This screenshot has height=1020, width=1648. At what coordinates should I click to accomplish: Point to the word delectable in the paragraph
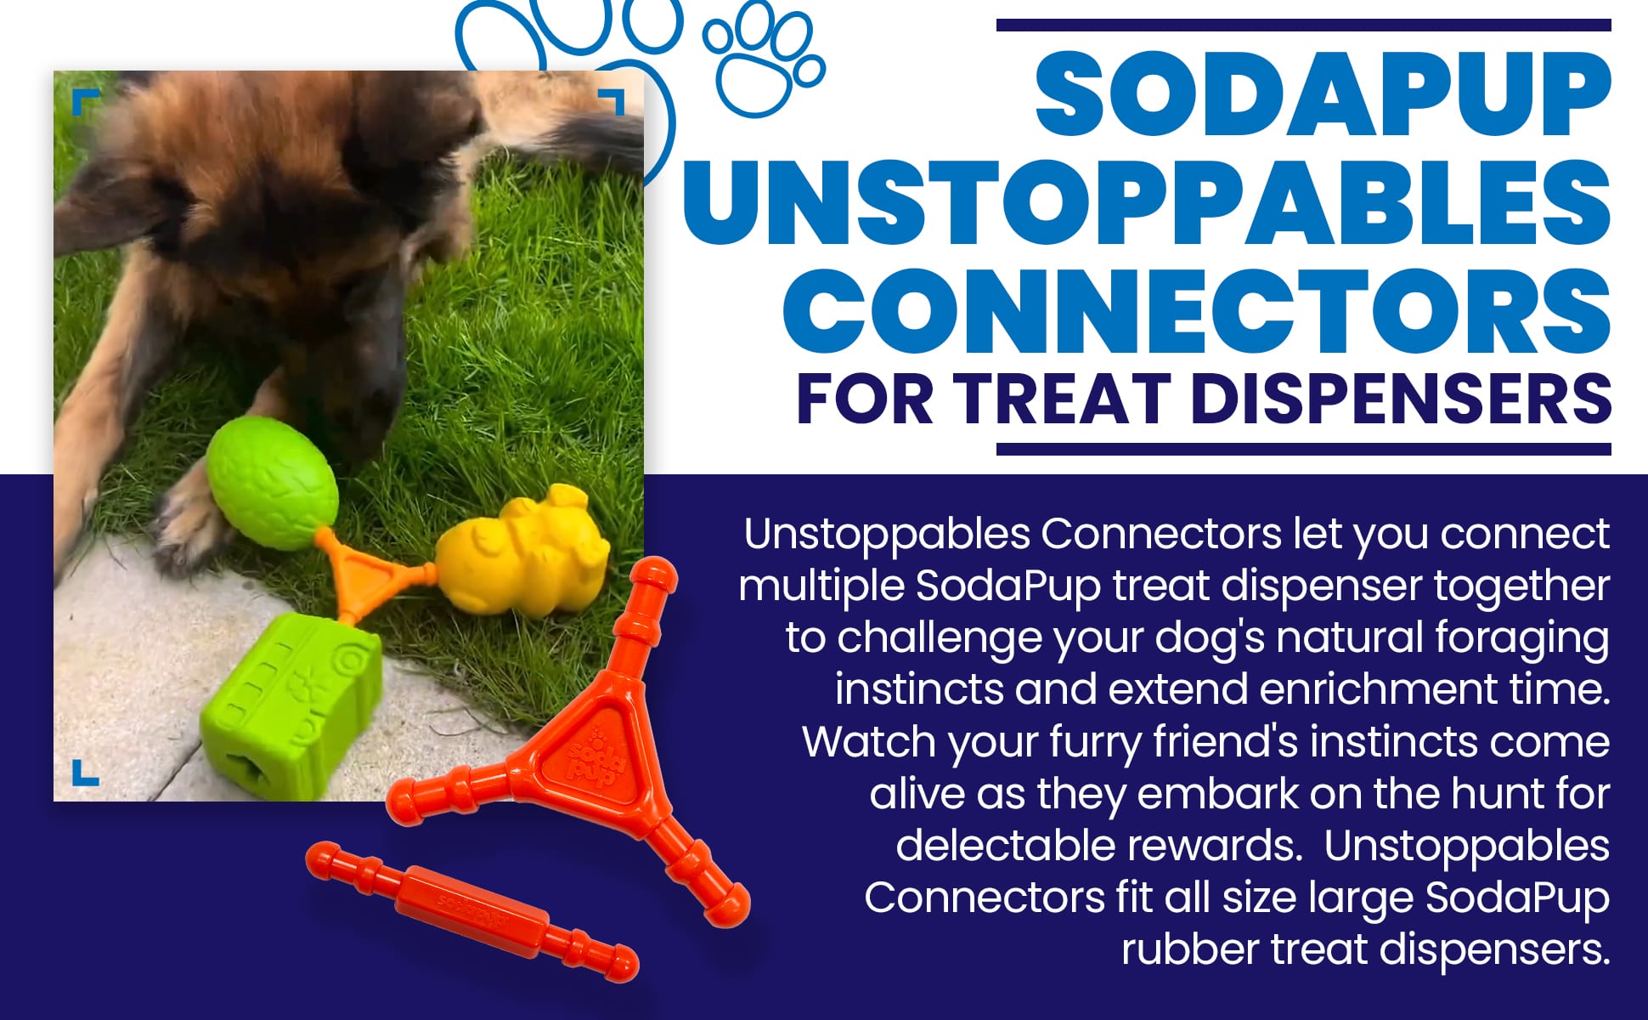pos(1010,846)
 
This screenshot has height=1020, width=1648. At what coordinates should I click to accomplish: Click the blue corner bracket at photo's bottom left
pos(83,773)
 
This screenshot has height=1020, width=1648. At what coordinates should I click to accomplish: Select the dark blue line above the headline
pos(1303,25)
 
